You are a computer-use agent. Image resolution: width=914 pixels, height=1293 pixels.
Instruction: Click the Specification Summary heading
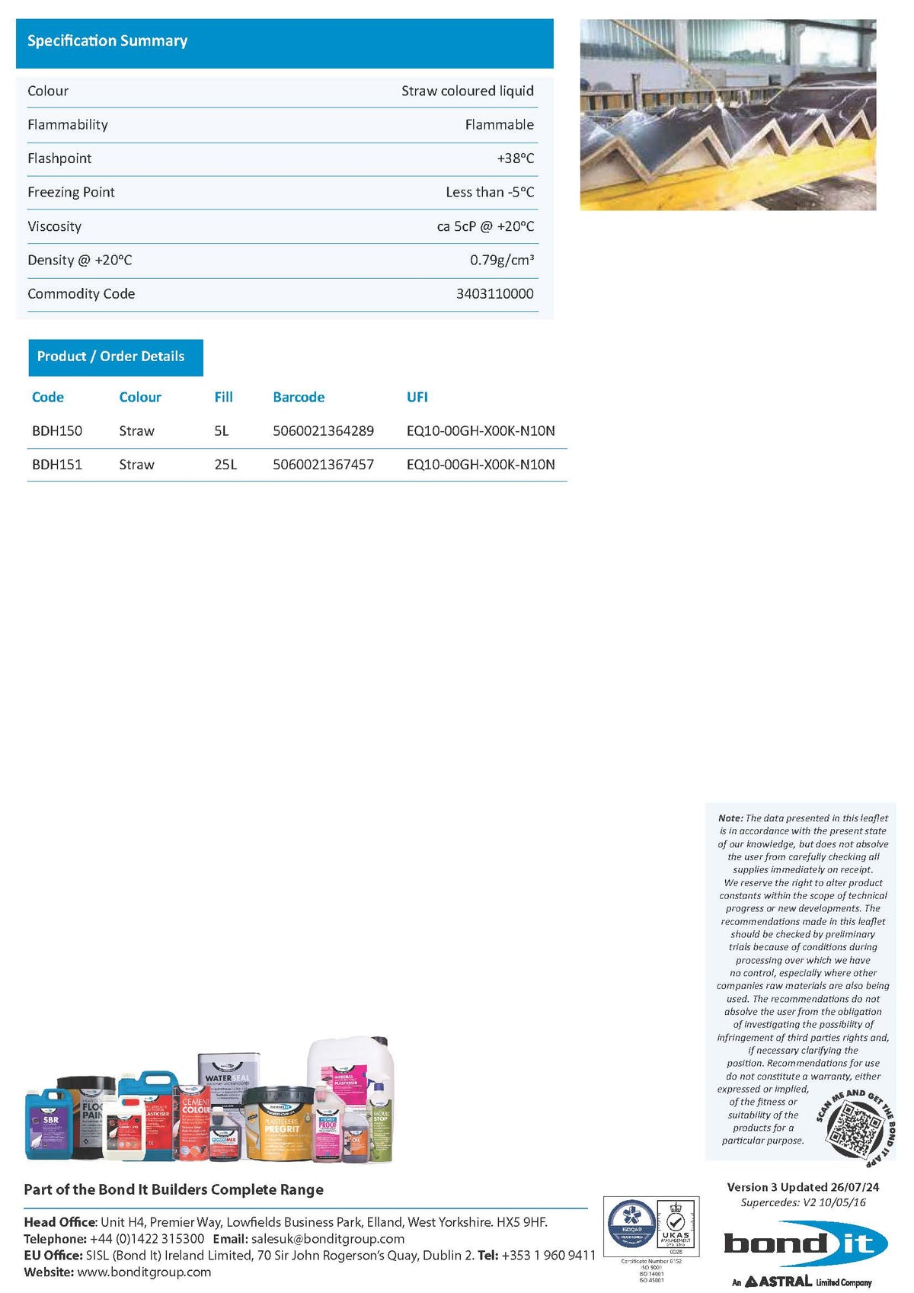107,41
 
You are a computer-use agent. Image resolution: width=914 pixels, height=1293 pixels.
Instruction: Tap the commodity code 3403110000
494,294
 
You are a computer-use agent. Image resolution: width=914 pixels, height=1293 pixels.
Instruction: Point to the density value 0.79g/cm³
501,261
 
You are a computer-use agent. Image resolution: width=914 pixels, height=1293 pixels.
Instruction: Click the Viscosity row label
54,226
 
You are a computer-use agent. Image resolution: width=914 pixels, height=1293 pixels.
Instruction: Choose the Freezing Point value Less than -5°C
490,192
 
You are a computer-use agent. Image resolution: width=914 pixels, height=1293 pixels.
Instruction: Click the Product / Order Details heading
111,357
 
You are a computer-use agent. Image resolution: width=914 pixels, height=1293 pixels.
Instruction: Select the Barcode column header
299,397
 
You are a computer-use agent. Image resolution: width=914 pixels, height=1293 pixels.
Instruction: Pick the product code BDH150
57,431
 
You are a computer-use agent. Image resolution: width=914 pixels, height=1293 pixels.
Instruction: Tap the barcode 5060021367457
323,465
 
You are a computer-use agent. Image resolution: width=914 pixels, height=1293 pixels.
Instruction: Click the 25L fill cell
225,465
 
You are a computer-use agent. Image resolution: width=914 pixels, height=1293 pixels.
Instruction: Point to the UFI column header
417,397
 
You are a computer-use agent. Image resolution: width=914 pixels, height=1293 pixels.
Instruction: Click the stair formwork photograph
727,115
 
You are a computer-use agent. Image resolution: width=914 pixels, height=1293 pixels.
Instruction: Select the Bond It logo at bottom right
805,1245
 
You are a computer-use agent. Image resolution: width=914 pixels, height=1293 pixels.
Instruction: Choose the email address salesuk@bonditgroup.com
328,1239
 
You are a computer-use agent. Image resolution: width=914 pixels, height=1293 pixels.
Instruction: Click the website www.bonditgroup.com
144,1272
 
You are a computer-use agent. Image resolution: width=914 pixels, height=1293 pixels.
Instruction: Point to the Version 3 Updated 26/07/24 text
803,1187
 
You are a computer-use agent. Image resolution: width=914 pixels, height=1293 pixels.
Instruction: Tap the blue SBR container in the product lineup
49,1125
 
